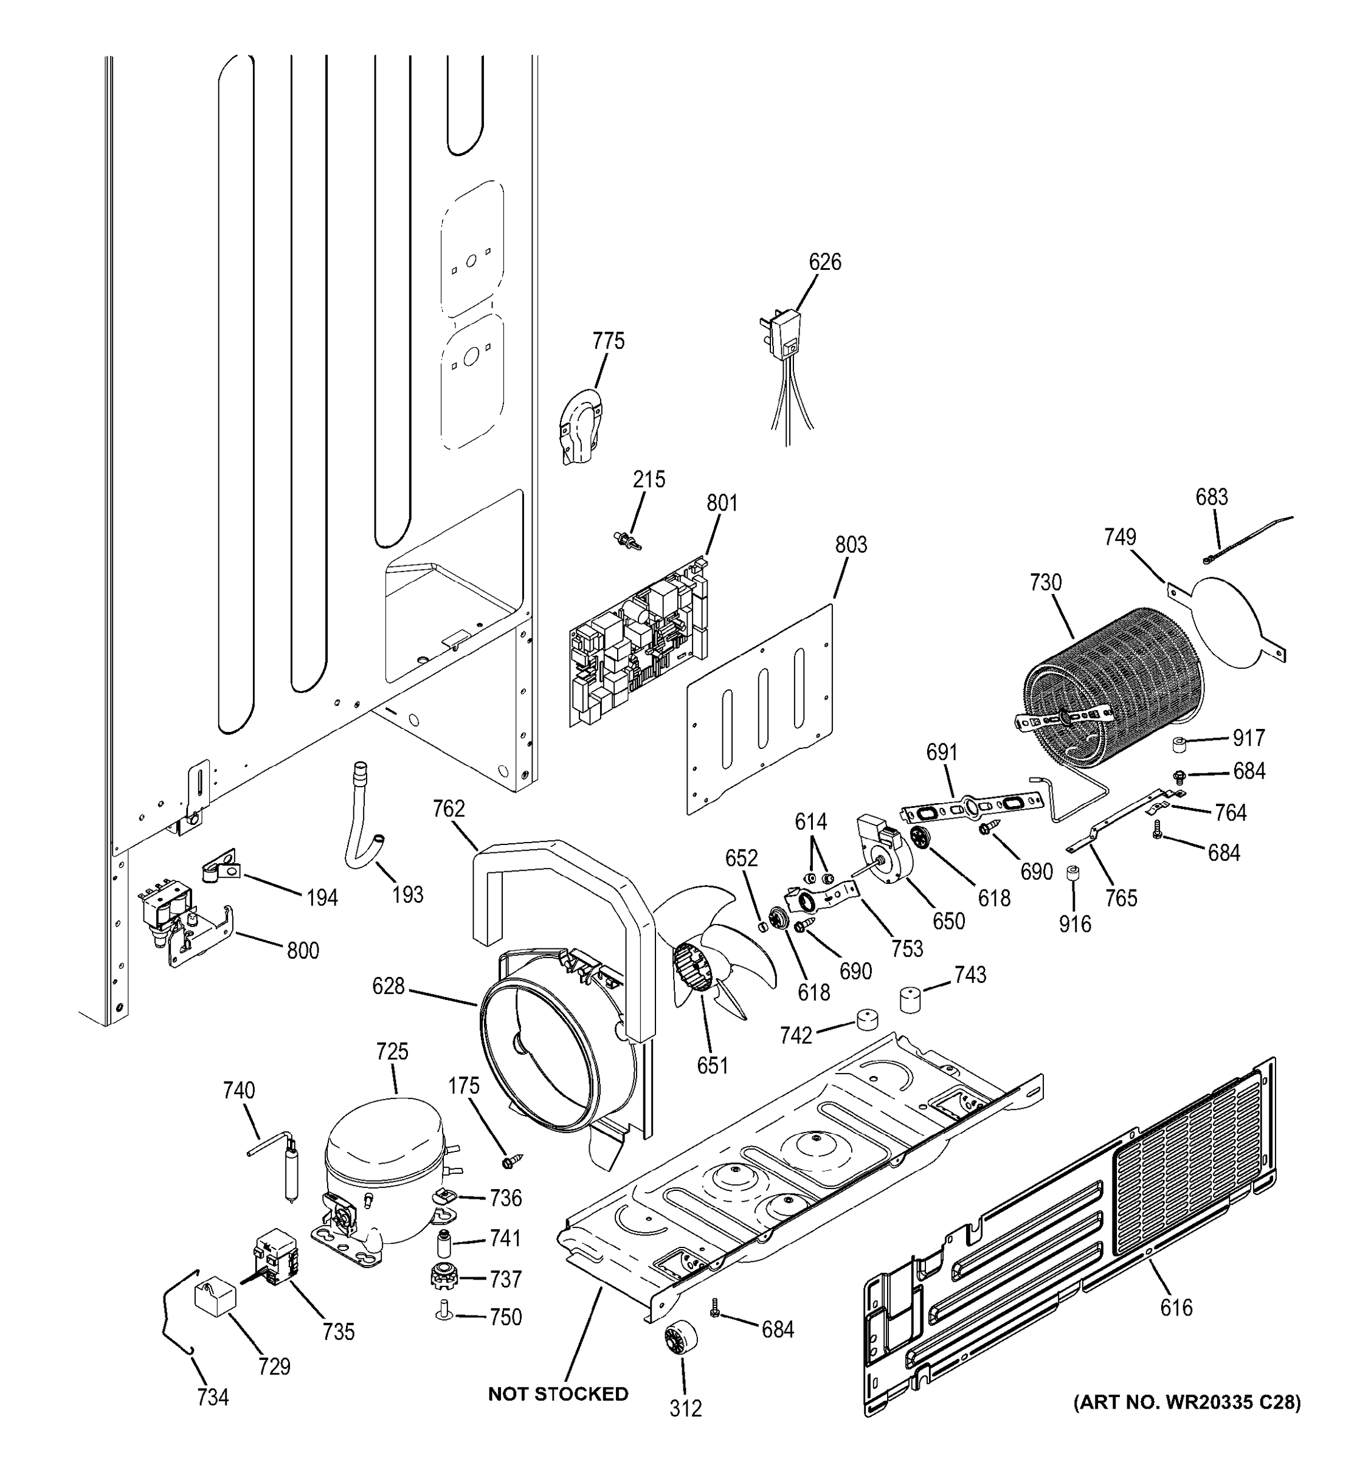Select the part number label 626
pos(824,262)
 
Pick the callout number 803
pos(851,545)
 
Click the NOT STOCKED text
pos(558,1394)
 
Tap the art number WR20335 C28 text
pos(1186,1402)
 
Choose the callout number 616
pos(1176,1307)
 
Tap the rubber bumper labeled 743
pos(911,999)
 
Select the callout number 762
pos(449,808)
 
